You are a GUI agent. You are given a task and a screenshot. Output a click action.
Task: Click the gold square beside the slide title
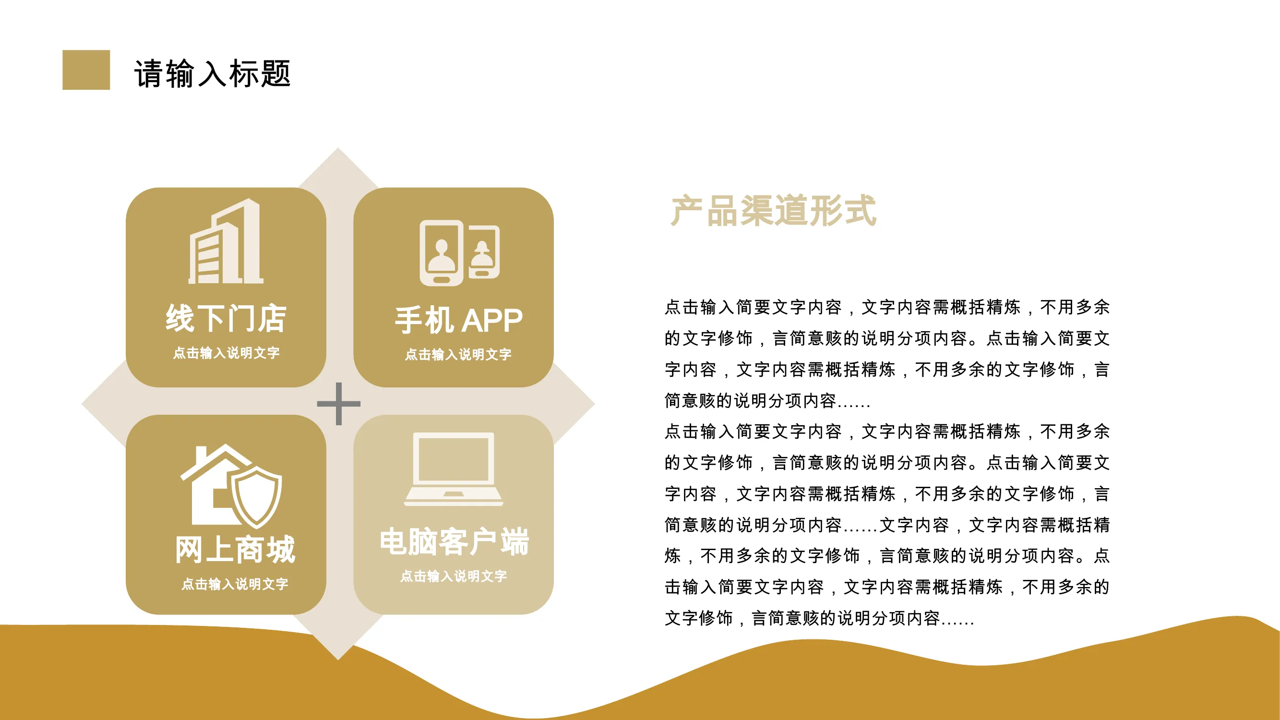(86, 70)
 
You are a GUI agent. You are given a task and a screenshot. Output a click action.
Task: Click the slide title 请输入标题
(212, 73)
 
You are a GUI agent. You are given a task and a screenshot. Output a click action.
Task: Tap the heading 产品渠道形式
(773, 211)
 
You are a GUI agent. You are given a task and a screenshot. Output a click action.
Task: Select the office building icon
(226, 241)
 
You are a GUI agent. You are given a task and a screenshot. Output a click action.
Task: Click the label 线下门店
(226, 318)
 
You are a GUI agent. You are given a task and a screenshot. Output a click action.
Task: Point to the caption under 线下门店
(226, 353)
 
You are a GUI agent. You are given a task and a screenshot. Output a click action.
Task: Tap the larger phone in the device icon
(441, 253)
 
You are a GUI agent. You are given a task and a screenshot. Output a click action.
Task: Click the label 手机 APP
(458, 321)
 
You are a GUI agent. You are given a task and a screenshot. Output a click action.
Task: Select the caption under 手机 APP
(458, 354)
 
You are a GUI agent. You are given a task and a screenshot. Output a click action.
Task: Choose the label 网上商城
(235, 550)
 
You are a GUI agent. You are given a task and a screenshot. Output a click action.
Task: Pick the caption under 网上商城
(235, 584)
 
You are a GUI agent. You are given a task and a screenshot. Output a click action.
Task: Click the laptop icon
(454, 469)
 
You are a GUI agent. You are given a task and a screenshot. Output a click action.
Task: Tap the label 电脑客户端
(454, 541)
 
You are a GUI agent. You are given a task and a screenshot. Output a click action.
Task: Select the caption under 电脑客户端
(454, 576)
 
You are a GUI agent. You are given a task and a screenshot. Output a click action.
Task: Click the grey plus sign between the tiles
(339, 404)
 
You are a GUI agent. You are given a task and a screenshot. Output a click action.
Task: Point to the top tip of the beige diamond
(338, 147)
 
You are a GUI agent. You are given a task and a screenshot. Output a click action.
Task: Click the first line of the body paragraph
(887, 307)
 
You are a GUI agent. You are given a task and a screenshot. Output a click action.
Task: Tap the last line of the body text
(819, 618)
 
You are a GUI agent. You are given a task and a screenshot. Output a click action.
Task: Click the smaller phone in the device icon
(482, 252)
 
